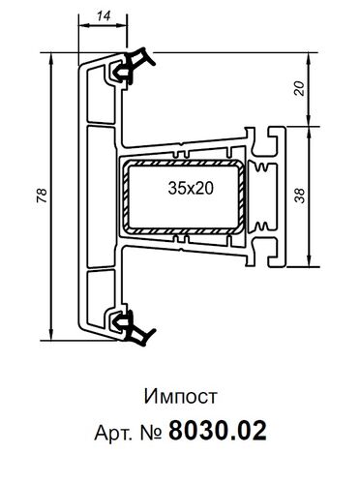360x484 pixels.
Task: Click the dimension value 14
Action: (104, 16)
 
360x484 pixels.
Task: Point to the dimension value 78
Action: (43, 196)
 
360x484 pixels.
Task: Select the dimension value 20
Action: (300, 88)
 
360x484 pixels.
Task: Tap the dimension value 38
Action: (300, 196)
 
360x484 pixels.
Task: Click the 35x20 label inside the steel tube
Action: (191, 188)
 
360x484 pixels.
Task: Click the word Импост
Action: (180, 397)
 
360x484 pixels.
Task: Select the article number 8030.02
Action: (218, 431)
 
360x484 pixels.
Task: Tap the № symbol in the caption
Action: (151, 432)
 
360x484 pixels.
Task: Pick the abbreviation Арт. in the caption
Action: (113, 432)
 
